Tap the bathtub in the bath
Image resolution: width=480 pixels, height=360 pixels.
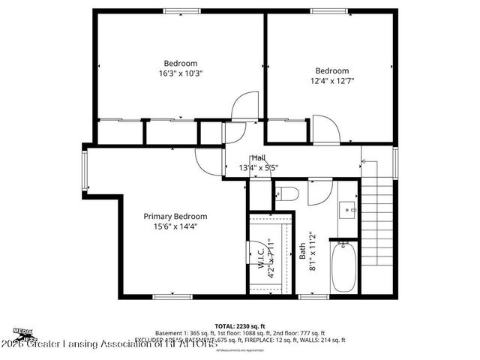[x=345, y=267]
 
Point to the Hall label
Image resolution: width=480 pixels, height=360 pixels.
[x=258, y=157]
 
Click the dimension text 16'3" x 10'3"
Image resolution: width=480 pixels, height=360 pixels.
[x=181, y=73]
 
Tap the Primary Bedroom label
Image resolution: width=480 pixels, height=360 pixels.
[x=175, y=216]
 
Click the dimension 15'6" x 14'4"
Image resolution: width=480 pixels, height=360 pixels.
[x=175, y=226]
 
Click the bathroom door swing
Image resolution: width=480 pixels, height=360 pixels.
[x=316, y=192]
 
